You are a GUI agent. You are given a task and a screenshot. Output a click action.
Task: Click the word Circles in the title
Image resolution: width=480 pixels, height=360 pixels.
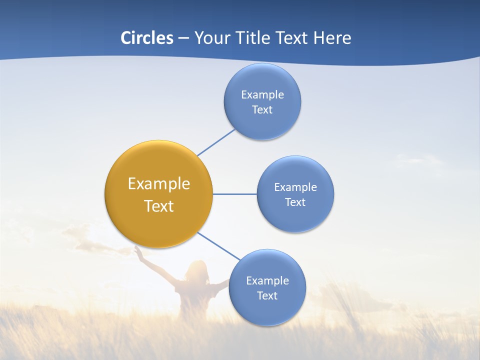147,38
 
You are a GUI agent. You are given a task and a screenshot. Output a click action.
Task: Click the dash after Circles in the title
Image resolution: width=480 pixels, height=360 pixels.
183,38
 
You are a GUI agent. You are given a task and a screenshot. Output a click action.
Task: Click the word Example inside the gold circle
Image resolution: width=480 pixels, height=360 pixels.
159,184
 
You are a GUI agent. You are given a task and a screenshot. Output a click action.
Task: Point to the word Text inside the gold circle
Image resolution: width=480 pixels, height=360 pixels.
159,206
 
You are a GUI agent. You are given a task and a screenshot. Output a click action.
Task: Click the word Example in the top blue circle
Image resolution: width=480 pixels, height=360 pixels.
262,94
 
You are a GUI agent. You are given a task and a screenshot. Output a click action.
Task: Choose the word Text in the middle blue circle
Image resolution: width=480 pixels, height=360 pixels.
295,202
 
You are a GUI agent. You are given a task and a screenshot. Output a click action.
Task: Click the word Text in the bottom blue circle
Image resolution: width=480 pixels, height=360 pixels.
267,295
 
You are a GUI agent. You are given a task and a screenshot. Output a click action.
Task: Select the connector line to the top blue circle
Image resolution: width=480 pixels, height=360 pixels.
216,142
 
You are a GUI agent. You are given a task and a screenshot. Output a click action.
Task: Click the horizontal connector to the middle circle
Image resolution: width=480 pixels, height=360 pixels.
235,194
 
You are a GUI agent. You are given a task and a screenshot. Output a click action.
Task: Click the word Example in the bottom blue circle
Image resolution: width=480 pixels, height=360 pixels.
267,280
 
